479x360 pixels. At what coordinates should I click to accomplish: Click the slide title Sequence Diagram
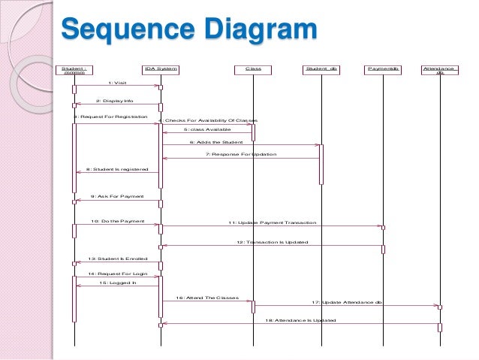(188, 32)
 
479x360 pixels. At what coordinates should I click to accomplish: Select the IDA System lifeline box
(161, 69)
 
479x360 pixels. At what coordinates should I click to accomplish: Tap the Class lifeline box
(253, 69)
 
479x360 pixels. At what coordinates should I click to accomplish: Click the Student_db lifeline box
(321, 69)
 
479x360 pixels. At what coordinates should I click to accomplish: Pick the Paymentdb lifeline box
(383, 69)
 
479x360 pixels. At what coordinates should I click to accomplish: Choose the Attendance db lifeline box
(440, 70)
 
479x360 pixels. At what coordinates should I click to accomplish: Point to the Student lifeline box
(74, 70)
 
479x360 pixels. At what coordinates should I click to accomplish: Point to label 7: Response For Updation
(241, 154)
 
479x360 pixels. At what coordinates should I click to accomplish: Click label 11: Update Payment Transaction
(272, 222)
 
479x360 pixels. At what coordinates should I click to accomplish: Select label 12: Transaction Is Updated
(272, 242)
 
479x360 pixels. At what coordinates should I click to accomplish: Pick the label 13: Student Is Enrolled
(118, 259)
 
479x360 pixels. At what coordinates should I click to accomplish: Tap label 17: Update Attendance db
(347, 301)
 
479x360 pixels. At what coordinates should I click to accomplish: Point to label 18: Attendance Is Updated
(300, 319)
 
